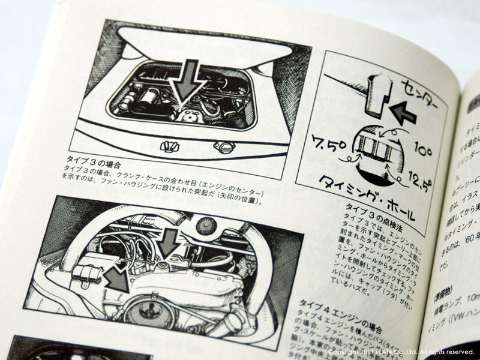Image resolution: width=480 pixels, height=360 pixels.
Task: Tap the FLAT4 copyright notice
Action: click(x=401, y=352)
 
